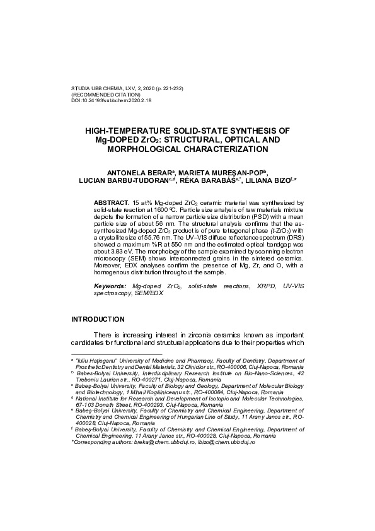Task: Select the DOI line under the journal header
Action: pos(111,100)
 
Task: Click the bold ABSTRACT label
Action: pos(112,202)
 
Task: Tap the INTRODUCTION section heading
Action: pos(98,319)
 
